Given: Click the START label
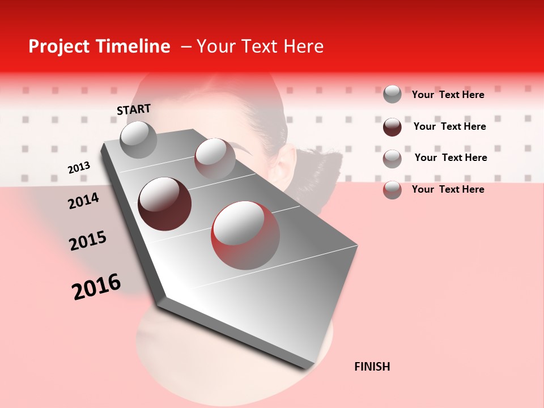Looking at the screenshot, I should [134, 109].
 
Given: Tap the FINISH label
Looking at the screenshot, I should [372, 367].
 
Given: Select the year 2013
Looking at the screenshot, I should [79, 168].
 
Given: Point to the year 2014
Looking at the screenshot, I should [83, 201].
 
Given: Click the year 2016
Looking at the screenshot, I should [96, 286].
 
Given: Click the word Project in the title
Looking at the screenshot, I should [59, 46].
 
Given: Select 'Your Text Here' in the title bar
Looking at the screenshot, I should [260, 46].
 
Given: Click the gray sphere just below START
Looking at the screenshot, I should [138, 139].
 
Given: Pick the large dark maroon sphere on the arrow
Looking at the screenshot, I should [164, 203].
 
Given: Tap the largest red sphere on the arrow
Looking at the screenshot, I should [245, 235].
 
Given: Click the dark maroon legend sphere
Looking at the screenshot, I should [392, 127].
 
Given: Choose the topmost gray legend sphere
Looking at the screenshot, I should [392, 94].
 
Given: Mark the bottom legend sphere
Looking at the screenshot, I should [392, 190].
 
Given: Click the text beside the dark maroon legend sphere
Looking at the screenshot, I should [449, 126].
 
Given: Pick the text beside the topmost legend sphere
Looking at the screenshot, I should [448, 95].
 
